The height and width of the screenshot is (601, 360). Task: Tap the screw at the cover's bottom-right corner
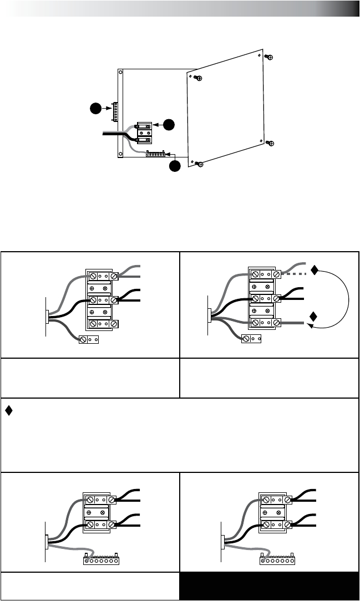point(270,143)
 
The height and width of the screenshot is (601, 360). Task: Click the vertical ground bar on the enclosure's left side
point(114,112)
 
